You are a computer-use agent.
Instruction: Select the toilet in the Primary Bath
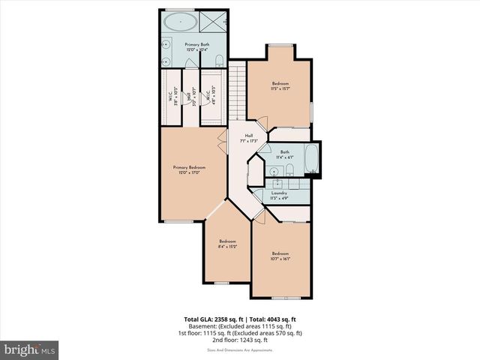coord(217,59)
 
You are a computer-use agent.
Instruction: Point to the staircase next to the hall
coord(237,90)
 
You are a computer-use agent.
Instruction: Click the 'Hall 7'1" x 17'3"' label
coord(248,137)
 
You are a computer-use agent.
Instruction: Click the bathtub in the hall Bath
coord(311,160)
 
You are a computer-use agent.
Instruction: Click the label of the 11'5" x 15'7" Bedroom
coord(280,84)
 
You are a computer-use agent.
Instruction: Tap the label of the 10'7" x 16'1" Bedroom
coord(280,255)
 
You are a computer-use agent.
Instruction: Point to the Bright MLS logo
coord(30,349)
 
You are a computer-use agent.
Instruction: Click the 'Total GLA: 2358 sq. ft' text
coord(212,319)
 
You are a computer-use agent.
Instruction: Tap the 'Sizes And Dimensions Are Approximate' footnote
coord(240,349)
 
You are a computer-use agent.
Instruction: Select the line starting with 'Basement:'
coord(240,326)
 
